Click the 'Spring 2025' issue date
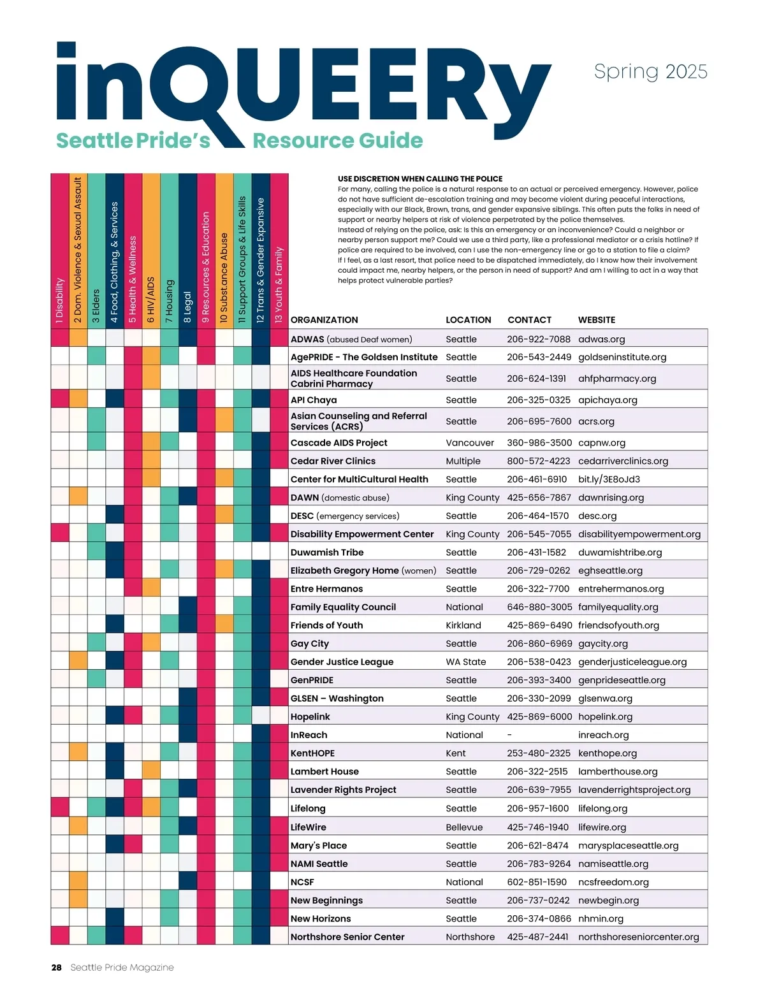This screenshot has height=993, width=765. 650,71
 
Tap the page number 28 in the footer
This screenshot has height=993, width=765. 57,968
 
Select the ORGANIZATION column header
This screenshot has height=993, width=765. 324,320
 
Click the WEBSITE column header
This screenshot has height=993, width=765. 597,320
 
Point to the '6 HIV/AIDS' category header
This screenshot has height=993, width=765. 151,300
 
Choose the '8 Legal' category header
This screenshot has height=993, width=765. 187,307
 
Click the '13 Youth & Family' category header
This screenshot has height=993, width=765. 279,285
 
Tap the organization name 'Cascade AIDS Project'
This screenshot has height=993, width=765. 339,443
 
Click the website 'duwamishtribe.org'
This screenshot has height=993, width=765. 620,553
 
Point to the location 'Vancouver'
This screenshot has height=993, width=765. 470,443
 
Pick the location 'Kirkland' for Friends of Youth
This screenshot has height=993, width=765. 463,625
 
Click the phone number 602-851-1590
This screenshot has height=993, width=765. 537,882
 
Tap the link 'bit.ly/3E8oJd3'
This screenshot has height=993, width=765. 609,479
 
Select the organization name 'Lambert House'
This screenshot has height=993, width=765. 324,772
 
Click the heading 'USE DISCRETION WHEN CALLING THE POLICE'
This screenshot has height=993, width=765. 420,179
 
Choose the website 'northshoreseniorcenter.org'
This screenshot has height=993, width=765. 638,937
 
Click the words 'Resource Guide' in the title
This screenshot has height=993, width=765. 338,141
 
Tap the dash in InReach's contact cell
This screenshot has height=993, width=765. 509,735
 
